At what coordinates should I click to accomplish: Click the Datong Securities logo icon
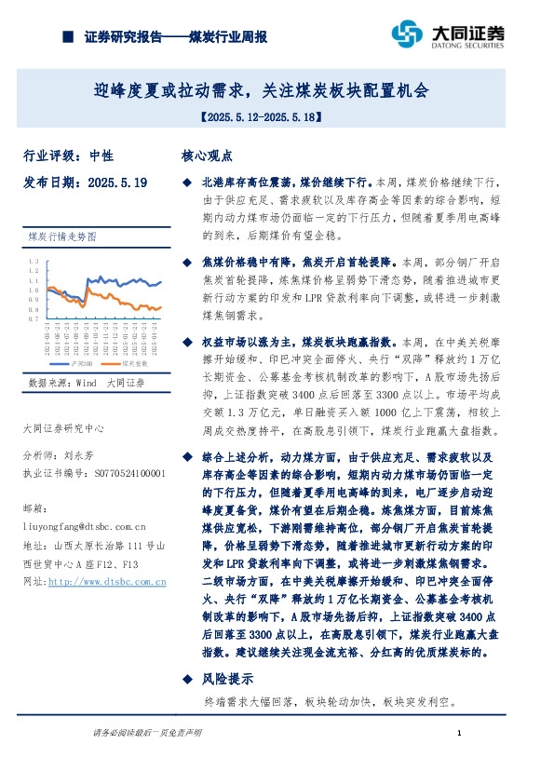point(406,34)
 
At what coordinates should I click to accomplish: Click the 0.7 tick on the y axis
point(33,318)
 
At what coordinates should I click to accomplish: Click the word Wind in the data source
point(87,383)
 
